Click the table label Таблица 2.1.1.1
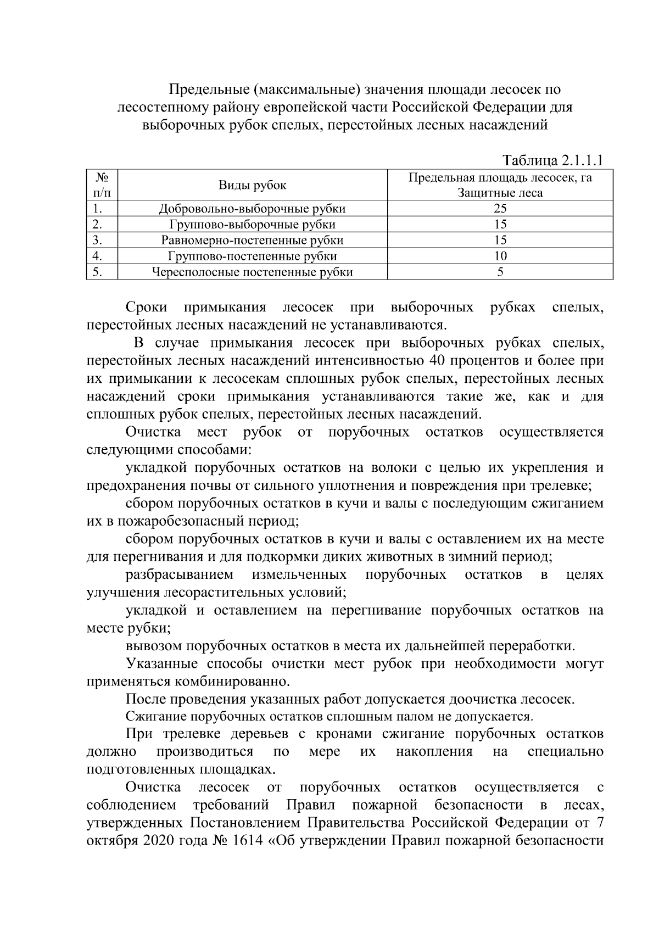pyautogui.click(x=553, y=160)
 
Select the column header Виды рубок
pyautogui.click(x=253, y=185)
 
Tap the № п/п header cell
pyautogui.click(x=102, y=185)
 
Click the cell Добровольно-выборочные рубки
pyautogui.click(x=253, y=209)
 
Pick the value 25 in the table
pyautogui.click(x=500, y=209)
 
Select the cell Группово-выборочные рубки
pyautogui.click(x=253, y=224)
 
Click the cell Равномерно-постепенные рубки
pyautogui.click(x=253, y=240)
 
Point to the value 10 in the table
pyautogui.click(x=500, y=256)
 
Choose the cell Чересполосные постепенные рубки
pyautogui.click(x=253, y=272)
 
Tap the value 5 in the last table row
pyautogui.click(x=500, y=272)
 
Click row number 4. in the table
pyautogui.click(x=98, y=256)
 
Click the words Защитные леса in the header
pyautogui.click(x=500, y=193)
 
